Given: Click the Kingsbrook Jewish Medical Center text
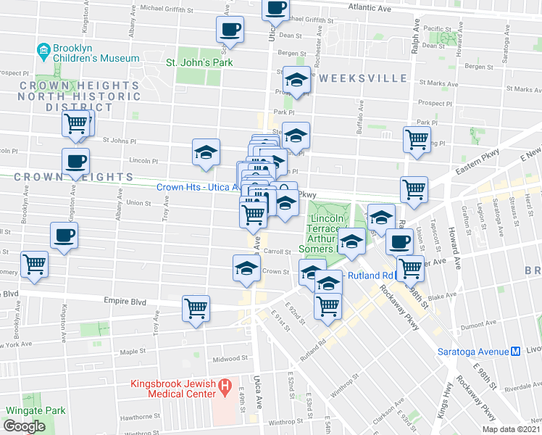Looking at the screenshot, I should point(174,388).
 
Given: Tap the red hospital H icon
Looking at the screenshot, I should point(225,384).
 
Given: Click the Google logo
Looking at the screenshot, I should point(24,426).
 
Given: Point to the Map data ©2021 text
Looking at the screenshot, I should point(510,429).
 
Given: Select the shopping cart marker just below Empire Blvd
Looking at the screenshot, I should point(196,307).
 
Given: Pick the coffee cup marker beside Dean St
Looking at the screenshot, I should point(230,29).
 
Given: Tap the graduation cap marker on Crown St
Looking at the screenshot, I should point(246,268).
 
